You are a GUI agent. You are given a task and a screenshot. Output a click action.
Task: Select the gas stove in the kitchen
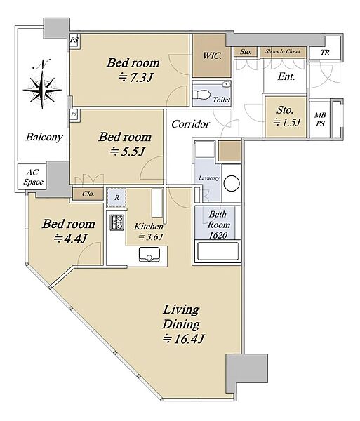pos(116,222)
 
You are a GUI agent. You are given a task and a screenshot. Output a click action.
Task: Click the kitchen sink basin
pos(149,254)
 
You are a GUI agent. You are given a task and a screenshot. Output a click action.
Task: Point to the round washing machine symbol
pos(232,183)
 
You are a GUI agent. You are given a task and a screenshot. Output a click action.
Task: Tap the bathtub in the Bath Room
pos(218,251)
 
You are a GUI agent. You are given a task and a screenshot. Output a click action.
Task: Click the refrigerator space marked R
pos(116,198)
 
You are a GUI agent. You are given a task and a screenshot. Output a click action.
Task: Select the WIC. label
pos(212,55)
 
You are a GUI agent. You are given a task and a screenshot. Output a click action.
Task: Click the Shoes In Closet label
pos(283,51)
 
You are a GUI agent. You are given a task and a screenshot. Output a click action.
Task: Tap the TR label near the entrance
pos(325,52)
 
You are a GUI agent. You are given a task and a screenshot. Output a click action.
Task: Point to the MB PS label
pos(320,119)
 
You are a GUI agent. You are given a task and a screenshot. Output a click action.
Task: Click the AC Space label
pos(33,177)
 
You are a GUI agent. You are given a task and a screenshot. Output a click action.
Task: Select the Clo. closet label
pos(88,194)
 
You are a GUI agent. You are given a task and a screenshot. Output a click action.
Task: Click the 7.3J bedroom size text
pos(135,78)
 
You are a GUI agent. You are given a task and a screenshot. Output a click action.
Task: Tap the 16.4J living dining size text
pos(183,339)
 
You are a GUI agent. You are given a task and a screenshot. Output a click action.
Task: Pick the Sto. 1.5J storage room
pos(286,116)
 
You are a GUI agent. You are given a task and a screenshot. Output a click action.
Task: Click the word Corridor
pos(190,124)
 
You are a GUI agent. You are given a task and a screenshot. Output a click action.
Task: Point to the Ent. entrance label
pos(286,76)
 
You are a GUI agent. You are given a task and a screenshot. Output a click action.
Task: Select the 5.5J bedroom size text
pos(128,152)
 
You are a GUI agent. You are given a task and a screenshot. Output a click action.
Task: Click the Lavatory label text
pos(209,178)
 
